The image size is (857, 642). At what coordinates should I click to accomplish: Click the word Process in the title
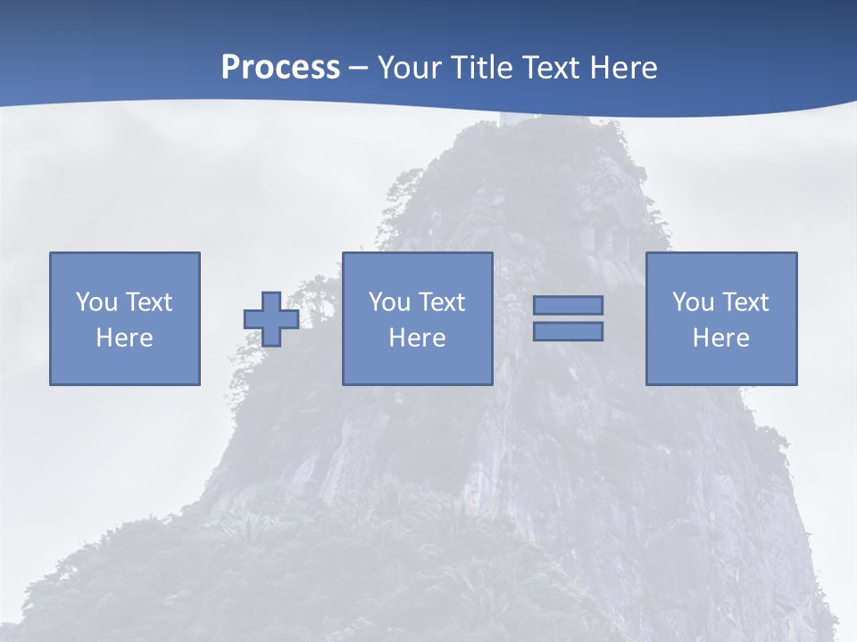click(x=280, y=68)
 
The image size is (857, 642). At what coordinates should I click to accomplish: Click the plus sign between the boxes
click(x=271, y=319)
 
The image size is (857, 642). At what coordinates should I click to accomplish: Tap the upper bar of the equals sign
click(x=568, y=305)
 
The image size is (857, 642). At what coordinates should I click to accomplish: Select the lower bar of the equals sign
click(x=568, y=331)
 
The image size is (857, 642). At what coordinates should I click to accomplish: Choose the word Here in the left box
click(x=124, y=338)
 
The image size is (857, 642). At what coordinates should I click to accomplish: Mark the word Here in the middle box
click(x=417, y=338)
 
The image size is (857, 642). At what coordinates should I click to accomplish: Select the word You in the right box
click(x=694, y=302)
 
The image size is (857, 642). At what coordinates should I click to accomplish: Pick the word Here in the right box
click(x=720, y=338)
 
